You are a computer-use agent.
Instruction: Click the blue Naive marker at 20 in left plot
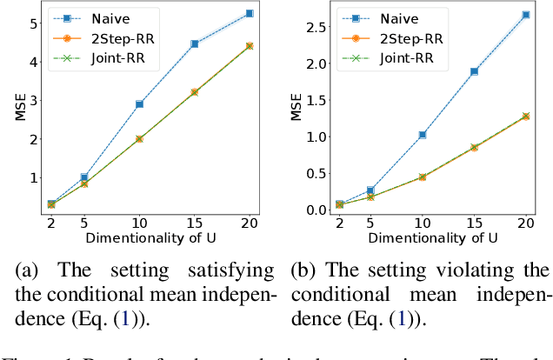click(x=250, y=13)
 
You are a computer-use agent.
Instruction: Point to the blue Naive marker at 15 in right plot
click(x=474, y=71)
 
